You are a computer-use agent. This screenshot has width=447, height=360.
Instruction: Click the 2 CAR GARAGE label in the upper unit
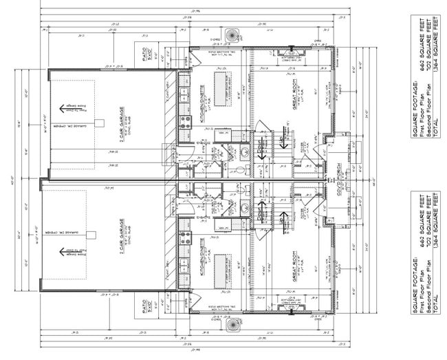point(120,124)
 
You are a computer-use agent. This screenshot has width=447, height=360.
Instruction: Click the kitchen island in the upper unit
point(222,90)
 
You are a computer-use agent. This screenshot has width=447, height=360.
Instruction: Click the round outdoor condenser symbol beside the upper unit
point(231,35)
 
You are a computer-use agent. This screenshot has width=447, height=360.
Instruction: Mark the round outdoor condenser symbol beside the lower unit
point(231,324)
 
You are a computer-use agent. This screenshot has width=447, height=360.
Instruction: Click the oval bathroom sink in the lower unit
point(243,206)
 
